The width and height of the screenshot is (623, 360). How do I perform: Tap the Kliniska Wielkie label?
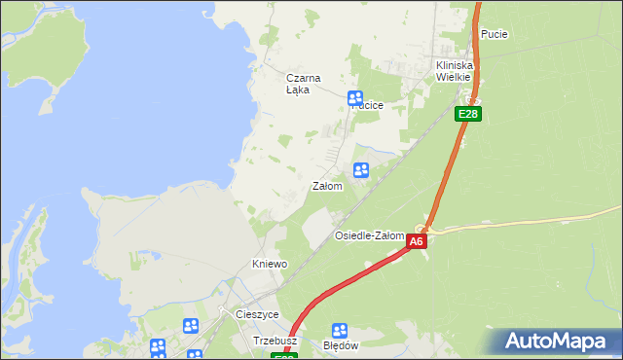[453, 70]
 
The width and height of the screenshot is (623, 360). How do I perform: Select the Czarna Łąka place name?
[303, 84]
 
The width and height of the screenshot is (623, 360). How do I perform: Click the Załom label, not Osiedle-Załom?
[327, 186]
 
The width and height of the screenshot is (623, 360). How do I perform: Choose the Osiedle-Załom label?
[369, 236]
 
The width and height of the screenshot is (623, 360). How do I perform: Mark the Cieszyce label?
[257, 314]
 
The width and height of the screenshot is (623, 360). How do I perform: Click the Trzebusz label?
[275, 342]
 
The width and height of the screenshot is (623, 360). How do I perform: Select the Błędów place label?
[340, 345]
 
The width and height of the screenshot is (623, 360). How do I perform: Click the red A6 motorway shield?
[417, 241]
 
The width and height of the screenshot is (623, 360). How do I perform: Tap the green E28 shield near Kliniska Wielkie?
[468, 114]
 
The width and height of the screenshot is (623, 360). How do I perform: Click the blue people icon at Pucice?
[355, 98]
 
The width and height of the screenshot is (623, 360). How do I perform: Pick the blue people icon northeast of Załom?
[361, 171]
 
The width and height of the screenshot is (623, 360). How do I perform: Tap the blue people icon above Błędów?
[340, 331]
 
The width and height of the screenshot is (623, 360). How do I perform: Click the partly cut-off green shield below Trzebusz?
[284, 356]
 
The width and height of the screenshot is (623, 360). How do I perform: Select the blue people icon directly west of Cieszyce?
[191, 326]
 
